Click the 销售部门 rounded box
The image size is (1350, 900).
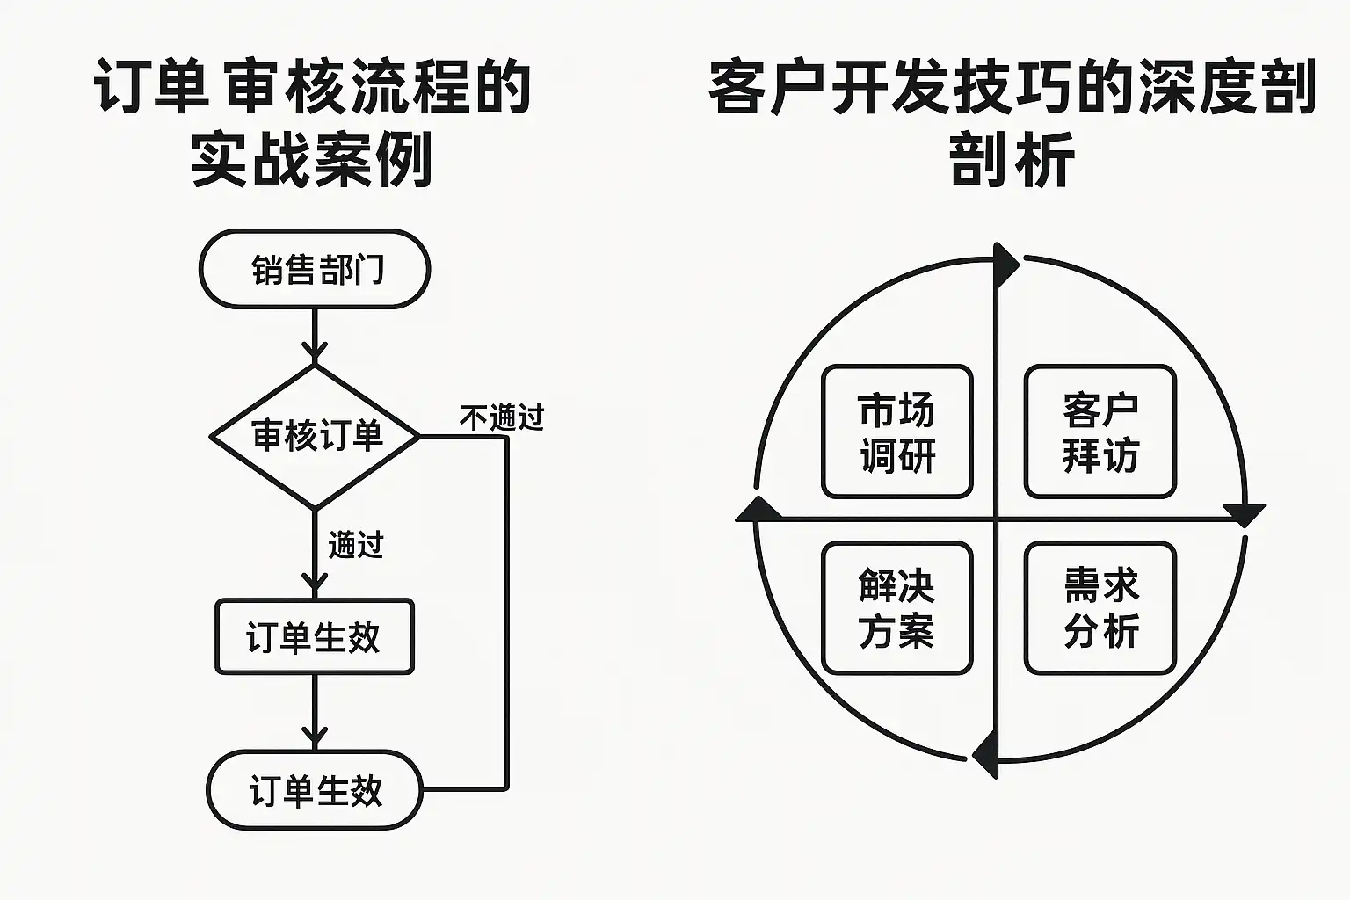pos(315,269)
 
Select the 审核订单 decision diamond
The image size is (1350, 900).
pos(315,436)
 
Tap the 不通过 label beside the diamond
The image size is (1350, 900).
pos(502,417)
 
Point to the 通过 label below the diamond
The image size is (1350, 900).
pos(356,545)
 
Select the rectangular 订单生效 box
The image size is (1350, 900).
pos(315,637)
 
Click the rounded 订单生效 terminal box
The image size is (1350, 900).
pos(315,790)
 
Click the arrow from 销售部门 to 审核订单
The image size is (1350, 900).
pos(315,338)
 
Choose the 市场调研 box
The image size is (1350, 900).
pos(896,432)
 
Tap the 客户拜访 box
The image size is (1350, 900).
pos(1100,432)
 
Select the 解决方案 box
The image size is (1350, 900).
pos(896,608)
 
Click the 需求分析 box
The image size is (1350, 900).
pos(1100,608)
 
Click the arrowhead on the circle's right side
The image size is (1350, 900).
pos(1245,513)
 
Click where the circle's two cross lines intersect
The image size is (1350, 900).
pos(997,518)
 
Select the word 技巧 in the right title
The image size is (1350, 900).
pos(1011,88)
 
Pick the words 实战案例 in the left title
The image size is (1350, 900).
pos(312,161)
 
